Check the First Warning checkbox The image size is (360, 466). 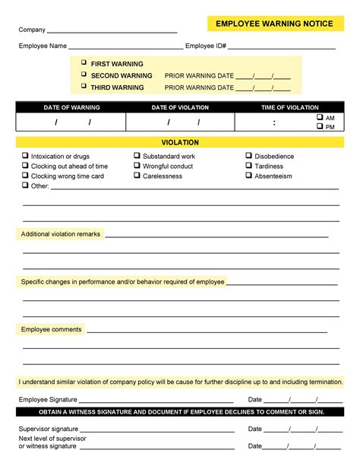[84, 64]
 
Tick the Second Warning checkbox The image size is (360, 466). [84, 75]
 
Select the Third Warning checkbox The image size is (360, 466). [84, 87]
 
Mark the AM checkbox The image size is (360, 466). [319, 118]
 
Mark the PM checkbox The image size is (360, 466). [319, 127]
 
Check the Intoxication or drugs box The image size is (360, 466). [25, 156]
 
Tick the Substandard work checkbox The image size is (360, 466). [137, 156]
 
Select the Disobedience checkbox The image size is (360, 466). [248, 156]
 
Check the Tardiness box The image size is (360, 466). [248, 166]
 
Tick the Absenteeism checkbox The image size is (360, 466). [248, 176]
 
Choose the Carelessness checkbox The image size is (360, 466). [137, 176]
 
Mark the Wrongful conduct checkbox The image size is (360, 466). [137, 166]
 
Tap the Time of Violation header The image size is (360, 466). [289, 107]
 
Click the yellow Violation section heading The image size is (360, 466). [180, 143]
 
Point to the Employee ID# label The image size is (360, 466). [206, 46]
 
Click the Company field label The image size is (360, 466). [32, 30]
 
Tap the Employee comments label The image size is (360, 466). [51, 329]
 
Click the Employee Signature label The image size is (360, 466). [47, 399]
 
